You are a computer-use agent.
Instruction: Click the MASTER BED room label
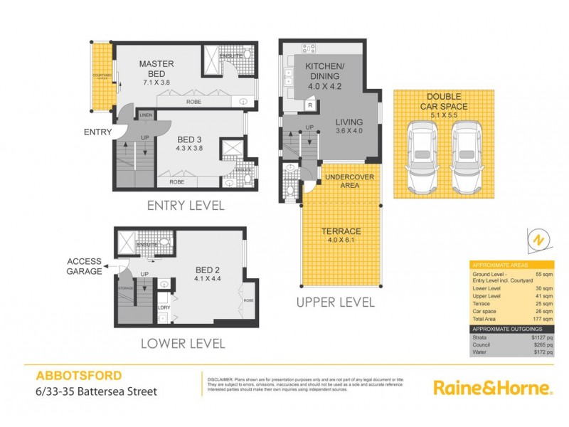156,70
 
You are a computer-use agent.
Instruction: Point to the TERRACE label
341,231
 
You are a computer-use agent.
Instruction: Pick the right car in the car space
467,158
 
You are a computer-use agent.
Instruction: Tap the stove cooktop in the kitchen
310,48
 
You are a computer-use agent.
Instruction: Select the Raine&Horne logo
492,389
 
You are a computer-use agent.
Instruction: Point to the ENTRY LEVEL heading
185,206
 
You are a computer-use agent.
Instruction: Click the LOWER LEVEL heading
182,344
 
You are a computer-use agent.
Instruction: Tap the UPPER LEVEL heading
336,302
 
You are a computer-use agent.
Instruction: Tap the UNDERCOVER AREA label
345,181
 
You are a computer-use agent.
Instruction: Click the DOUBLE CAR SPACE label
445,101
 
